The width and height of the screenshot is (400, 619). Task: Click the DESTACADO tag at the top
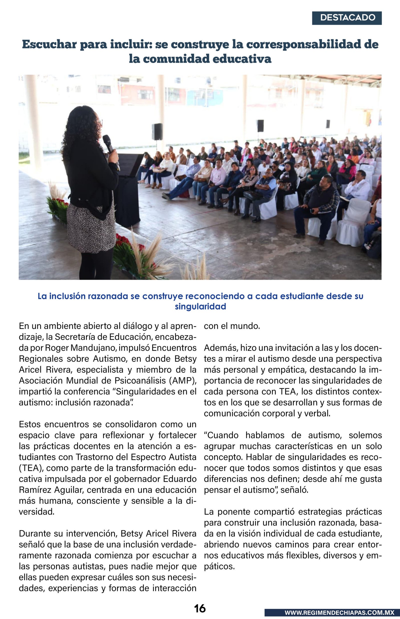[x=347, y=18]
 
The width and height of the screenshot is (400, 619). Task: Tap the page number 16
[x=199, y=608]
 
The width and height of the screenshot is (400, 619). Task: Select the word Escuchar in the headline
[x=49, y=44]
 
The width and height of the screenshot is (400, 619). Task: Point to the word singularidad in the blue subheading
[x=200, y=306]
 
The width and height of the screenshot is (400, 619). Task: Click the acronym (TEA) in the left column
[x=31, y=468]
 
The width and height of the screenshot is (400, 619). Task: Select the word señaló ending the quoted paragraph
[x=294, y=490]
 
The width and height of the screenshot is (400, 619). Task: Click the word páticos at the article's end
[x=219, y=566]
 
